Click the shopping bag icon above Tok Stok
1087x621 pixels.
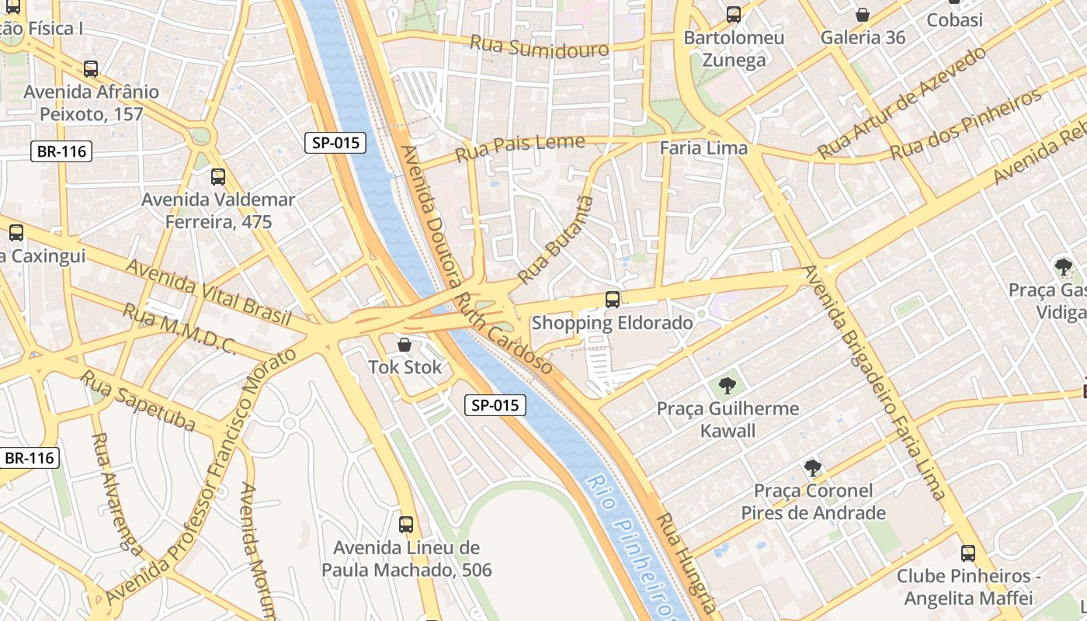[404, 345]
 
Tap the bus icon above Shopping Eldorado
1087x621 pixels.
[613, 300]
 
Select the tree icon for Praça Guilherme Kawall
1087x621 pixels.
[728, 386]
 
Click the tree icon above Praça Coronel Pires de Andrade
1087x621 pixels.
[813, 468]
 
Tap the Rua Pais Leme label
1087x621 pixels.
[519, 147]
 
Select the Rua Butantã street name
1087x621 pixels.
[555, 240]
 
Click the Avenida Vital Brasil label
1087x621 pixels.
[208, 292]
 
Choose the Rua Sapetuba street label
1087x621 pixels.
[137, 400]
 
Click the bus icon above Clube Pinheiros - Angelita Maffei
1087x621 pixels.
[968, 553]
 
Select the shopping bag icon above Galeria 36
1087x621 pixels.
[862, 15]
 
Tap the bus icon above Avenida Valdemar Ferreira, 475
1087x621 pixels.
[218, 177]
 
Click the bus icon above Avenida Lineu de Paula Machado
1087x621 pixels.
[406, 525]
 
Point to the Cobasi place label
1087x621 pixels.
[954, 20]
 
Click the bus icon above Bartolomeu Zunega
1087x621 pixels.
[734, 15]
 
